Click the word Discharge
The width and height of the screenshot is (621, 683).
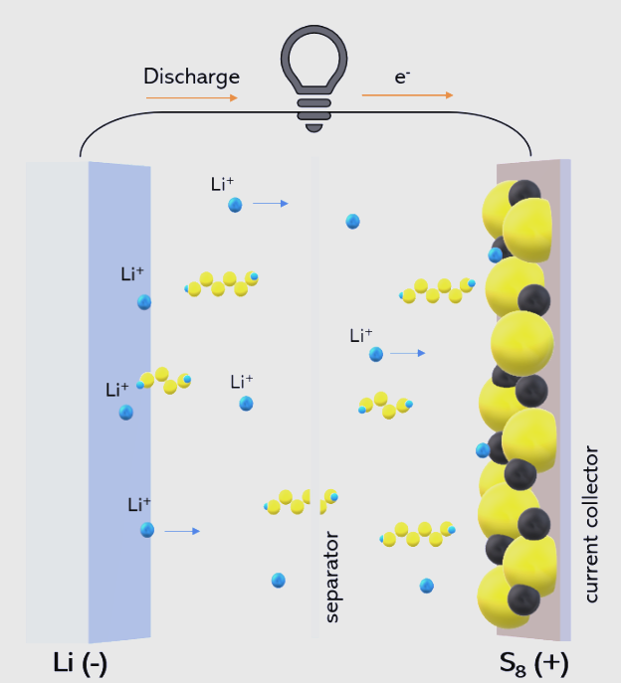pyautogui.click(x=191, y=78)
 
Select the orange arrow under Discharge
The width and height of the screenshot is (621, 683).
pyautogui.click(x=192, y=98)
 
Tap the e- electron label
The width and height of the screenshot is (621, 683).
pyautogui.click(x=402, y=78)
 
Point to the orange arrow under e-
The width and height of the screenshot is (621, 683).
pyautogui.click(x=407, y=95)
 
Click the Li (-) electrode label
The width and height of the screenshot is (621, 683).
pyautogui.click(x=80, y=663)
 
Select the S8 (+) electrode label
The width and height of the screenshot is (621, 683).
pyautogui.click(x=533, y=664)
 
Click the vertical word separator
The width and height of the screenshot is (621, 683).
pyautogui.click(x=331, y=577)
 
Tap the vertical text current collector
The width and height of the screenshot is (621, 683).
pyautogui.click(x=591, y=524)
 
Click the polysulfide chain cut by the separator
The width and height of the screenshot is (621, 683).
pyautogui.click(x=301, y=502)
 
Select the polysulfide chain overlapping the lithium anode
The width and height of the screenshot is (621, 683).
pyautogui.click(x=165, y=381)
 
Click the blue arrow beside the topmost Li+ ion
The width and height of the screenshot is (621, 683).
pyautogui.click(x=271, y=204)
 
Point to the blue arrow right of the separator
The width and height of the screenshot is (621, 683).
pyautogui.click(x=407, y=353)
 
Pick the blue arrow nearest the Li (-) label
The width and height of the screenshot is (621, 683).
pyautogui.click(x=182, y=531)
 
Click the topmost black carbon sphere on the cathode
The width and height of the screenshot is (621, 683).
pyautogui.click(x=524, y=193)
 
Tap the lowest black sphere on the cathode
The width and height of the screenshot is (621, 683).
pyautogui.click(x=523, y=599)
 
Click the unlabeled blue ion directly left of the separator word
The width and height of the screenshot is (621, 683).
pyautogui.click(x=279, y=581)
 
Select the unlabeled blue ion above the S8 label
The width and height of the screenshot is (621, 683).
pyautogui.click(x=427, y=586)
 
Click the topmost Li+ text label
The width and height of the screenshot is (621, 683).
pyautogui.click(x=222, y=184)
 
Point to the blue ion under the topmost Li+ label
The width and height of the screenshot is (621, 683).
pyautogui.click(x=235, y=205)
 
